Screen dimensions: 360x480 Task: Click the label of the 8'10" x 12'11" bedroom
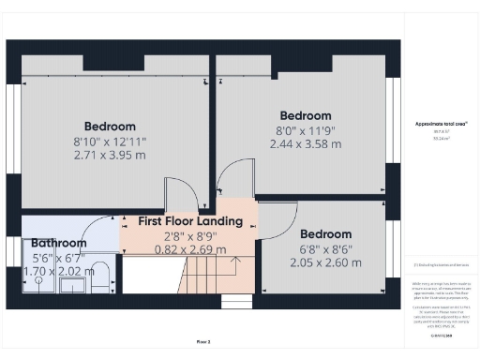point(110,127)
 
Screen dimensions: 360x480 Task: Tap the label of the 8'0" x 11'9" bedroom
point(305,116)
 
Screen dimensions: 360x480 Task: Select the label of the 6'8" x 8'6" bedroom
point(325,233)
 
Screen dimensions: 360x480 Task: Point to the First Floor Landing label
point(190,221)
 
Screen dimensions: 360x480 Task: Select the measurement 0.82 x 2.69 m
point(190,249)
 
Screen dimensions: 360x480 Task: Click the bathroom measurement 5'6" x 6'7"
point(58,257)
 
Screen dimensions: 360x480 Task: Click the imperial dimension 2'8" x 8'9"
point(190,235)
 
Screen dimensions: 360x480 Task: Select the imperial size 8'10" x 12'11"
point(110,141)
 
